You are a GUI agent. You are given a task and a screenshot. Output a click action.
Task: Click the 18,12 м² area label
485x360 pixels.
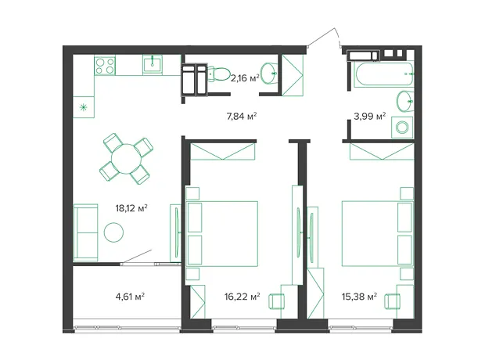pyautogui.click(x=131, y=208)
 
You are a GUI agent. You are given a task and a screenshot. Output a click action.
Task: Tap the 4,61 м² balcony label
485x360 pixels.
pyautogui.click(x=130, y=297)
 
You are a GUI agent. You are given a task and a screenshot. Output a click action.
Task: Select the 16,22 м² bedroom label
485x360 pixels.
pyautogui.click(x=242, y=297)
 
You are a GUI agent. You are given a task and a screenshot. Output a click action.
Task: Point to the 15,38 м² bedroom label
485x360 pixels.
pyautogui.click(x=359, y=297)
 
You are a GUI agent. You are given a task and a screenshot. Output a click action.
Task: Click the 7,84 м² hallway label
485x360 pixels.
pyautogui.click(x=242, y=116)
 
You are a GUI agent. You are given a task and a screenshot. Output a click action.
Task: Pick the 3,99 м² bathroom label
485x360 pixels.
pyautogui.click(x=370, y=116)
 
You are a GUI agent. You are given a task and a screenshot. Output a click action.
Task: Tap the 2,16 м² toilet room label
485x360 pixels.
pyautogui.click(x=245, y=78)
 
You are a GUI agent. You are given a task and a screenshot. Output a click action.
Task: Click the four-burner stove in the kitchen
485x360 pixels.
pyautogui.click(x=105, y=66)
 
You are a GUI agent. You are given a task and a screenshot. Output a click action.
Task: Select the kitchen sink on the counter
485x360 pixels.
pyautogui.click(x=153, y=64)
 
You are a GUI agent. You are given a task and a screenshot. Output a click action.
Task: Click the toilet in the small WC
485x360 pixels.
pyautogui.click(x=218, y=74)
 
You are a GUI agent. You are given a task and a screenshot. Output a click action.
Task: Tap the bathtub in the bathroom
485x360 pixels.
pyautogui.click(x=383, y=74)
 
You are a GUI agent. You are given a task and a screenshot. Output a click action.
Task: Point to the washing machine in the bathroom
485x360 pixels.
pyautogui.click(x=402, y=128)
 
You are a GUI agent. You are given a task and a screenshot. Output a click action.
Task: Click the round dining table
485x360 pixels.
pyautogui.click(x=126, y=159)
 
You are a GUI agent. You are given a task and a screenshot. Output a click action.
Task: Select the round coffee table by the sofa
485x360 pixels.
pyautogui.click(x=114, y=232)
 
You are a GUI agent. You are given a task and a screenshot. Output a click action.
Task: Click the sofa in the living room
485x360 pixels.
pyautogui.click(x=86, y=232)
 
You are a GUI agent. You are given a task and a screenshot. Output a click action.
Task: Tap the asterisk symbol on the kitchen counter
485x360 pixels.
pyautogui.click(x=83, y=107)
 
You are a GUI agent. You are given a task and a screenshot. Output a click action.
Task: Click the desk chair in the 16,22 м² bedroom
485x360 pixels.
pyautogui.click(x=276, y=301)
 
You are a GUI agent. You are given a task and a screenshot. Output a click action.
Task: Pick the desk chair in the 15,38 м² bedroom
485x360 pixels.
pyautogui.click(x=392, y=301)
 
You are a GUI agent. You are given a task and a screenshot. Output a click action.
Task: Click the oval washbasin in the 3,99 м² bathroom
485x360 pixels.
pyautogui.click(x=405, y=101)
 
